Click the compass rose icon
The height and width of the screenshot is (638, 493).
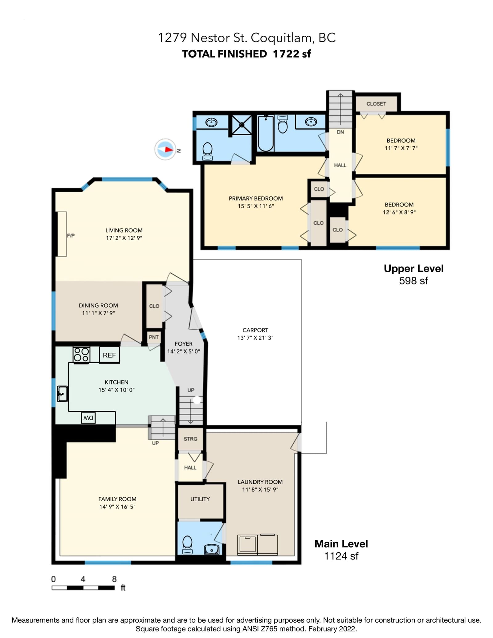pyautogui.click(x=165, y=149)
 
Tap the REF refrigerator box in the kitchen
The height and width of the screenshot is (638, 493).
pyautogui.click(x=109, y=355)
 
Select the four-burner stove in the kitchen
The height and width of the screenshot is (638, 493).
pyautogui.click(x=81, y=355)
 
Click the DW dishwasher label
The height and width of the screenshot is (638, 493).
pyautogui.click(x=88, y=418)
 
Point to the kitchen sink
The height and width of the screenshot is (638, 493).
pyautogui.click(x=62, y=393)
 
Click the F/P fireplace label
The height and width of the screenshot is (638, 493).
pyautogui.click(x=71, y=236)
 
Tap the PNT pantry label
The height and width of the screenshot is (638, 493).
pyautogui.click(x=154, y=337)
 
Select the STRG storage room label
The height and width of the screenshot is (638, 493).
pyautogui.click(x=190, y=439)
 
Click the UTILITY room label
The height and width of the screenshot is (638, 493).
pyautogui.click(x=200, y=499)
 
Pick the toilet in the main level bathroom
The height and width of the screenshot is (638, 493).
pyautogui.click(x=187, y=545)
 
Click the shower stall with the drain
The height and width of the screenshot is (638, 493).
pyautogui.click(x=242, y=125)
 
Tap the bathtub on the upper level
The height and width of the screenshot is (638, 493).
pyautogui.click(x=266, y=133)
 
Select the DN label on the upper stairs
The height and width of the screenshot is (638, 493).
pyautogui.click(x=340, y=132)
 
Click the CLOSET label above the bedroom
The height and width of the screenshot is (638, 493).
pyautogui.click(x=376, y=104)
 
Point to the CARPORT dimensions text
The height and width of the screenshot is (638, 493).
pyautogui.click(x=255, y=338)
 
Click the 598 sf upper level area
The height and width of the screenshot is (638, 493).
pyautogui.click(x=414, y=281)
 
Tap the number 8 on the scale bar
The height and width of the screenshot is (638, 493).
pyautogui.click(x=114, y=579)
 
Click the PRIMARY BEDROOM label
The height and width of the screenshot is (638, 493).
pyautogui.click(x=256, y=199)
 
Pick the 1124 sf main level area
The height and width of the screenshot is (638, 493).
pyautogui.click(x=341, y=556)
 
